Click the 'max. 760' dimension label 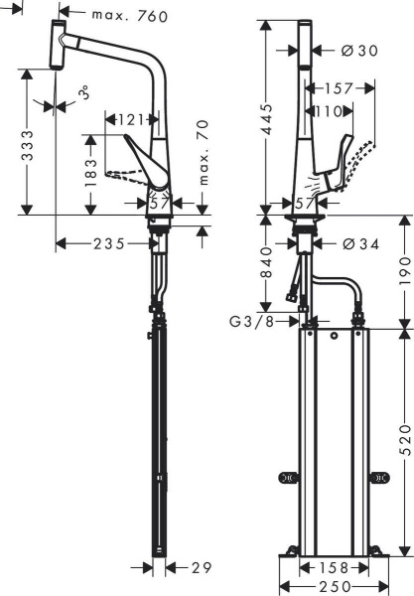(x=129, y=15)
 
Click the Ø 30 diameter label (x=357, y=51)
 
